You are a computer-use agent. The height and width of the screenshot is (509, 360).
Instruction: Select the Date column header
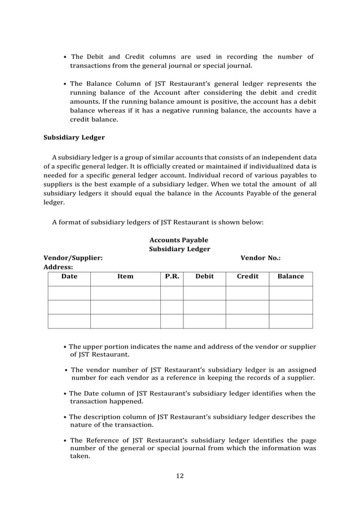tap(69, 277)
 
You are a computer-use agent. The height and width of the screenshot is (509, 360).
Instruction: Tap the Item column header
tap(125, 277)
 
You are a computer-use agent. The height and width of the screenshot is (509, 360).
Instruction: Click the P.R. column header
tap(172, 277)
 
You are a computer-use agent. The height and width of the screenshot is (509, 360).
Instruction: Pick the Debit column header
tap(204, 277)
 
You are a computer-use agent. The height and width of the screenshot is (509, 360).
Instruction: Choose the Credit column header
tap(247, 277)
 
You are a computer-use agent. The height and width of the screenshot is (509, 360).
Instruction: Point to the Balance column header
tap(291, 277)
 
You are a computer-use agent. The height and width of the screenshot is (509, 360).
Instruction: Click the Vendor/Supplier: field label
tap(73, 258)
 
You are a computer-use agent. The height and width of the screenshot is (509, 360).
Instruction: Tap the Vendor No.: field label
tap(261, 258)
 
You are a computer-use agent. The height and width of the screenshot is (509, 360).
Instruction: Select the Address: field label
tap(59, 267)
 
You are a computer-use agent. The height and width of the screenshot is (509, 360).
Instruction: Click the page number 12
tap(179, 476)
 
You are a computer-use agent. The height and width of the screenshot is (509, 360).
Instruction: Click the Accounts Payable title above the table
tap(179, 240)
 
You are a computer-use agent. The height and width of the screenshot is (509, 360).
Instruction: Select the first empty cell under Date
tap(69, 293)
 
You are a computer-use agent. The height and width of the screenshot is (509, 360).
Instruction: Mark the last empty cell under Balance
tap(291, 321)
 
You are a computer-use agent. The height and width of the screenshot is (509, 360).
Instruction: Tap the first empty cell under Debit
tap(204, 293)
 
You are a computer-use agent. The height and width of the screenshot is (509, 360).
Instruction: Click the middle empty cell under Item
tap(125, 307)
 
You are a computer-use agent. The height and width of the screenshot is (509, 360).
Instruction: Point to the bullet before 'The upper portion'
tap(65, 346)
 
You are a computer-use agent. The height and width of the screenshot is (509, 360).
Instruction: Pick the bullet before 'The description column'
tap(65, 418)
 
